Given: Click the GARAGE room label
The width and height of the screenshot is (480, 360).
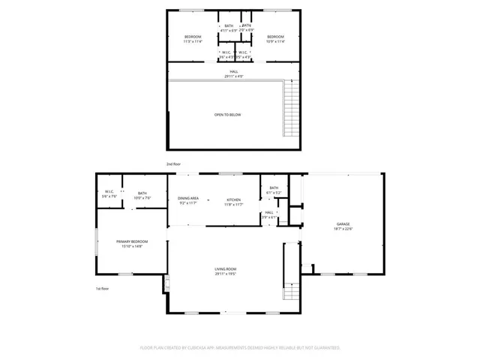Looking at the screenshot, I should coord(343,223).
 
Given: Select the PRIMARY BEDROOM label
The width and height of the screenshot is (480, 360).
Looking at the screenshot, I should coord(132,241).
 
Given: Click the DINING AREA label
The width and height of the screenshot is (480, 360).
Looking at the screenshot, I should coord(188,198).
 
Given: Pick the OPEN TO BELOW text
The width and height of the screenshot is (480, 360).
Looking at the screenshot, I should coord(228,115).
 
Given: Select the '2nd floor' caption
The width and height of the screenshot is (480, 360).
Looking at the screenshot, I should coord(173,163).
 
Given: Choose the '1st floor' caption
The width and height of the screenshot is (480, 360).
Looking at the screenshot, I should coord(102,289).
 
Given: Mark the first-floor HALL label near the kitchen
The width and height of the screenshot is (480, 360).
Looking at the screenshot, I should coord(269,212).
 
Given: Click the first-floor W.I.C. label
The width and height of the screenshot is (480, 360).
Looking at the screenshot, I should coord(109,191).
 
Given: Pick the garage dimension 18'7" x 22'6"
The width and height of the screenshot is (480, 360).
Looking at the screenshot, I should coord(343,229).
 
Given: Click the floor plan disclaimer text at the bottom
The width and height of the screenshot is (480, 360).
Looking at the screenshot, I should coord(240,348).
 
